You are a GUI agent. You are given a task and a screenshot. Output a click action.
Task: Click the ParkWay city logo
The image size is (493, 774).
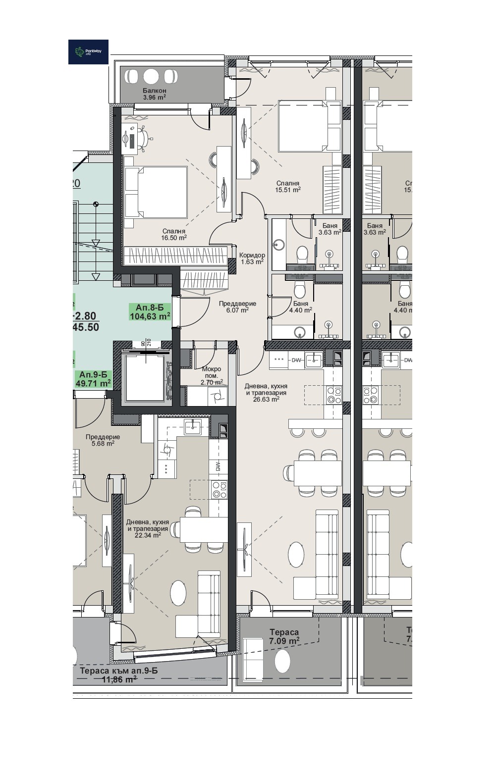(x=88, y=52)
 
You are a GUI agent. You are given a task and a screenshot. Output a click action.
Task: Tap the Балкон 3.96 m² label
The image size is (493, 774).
(x=154, y=94)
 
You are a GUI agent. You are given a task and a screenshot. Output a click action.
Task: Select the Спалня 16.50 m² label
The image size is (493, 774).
(x=173, y=234)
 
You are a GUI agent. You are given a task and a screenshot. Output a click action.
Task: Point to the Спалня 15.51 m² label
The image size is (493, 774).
(x=288, y=186)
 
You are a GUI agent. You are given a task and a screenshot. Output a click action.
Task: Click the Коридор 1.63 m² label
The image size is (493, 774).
(x=252, y=258)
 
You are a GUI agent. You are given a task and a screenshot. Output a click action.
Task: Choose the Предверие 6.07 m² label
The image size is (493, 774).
(x=237, y=307)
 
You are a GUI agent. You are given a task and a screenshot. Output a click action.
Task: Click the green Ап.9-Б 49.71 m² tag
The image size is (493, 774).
(x=93, y=379)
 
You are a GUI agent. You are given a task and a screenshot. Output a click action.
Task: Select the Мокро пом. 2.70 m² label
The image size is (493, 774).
(x=211, y=375)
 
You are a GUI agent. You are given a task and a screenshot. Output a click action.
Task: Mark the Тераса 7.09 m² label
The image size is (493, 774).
(x=284, y=636)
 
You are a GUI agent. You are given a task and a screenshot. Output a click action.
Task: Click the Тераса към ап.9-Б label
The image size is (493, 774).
(x=118, y=675)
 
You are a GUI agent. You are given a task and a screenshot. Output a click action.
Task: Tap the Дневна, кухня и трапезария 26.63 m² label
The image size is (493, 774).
(x=266, y=392)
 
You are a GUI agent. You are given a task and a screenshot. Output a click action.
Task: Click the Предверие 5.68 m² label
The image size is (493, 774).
(x=103, y=440)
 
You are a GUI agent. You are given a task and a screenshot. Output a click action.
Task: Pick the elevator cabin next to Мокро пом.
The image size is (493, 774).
(x=145, y=377)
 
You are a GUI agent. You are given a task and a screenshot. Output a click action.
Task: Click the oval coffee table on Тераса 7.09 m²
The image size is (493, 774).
(x=282, y=661)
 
